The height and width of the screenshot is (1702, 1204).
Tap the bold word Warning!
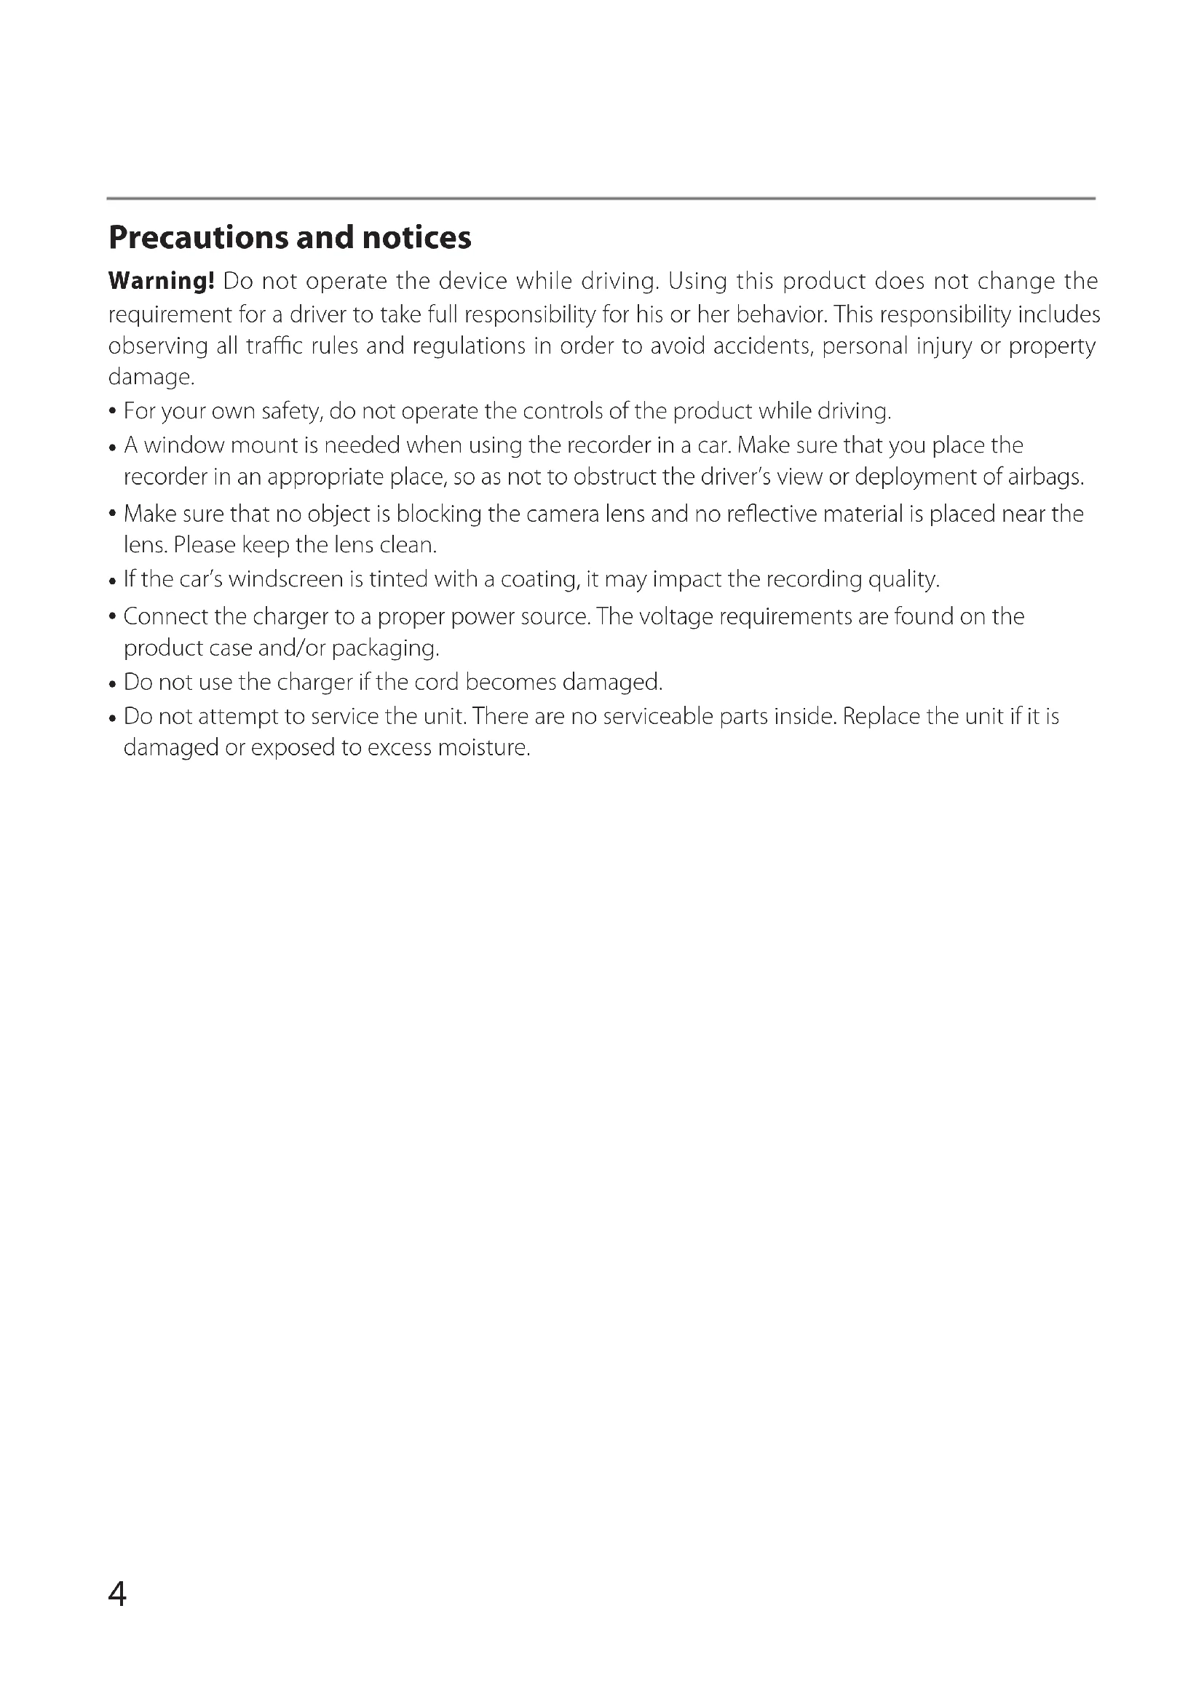161,281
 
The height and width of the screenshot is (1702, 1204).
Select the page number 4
117,1593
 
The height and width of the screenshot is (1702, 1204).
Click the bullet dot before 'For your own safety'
112,412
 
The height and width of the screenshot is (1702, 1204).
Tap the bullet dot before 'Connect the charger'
112,618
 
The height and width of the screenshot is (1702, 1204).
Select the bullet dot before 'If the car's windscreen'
112,581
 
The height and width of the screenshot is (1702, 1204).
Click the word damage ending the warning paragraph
151,378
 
